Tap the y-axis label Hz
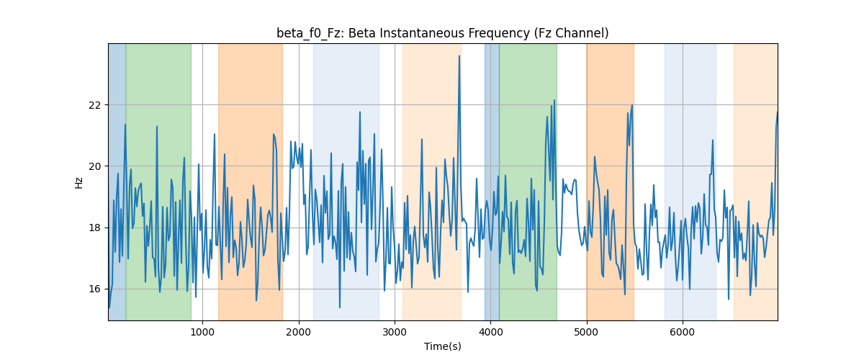78,183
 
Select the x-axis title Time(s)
442,346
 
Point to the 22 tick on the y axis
94,105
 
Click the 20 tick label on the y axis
94,166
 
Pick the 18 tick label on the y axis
94,228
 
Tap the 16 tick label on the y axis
94,289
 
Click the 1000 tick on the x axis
202,332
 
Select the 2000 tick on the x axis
299,332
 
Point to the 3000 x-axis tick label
395,332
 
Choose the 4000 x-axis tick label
490,332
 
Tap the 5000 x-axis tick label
587,332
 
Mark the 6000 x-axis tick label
683,332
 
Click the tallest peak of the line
459,56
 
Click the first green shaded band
158,181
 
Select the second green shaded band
528,181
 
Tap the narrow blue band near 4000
492,181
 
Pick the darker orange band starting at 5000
611,181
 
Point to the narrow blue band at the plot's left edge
117,181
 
